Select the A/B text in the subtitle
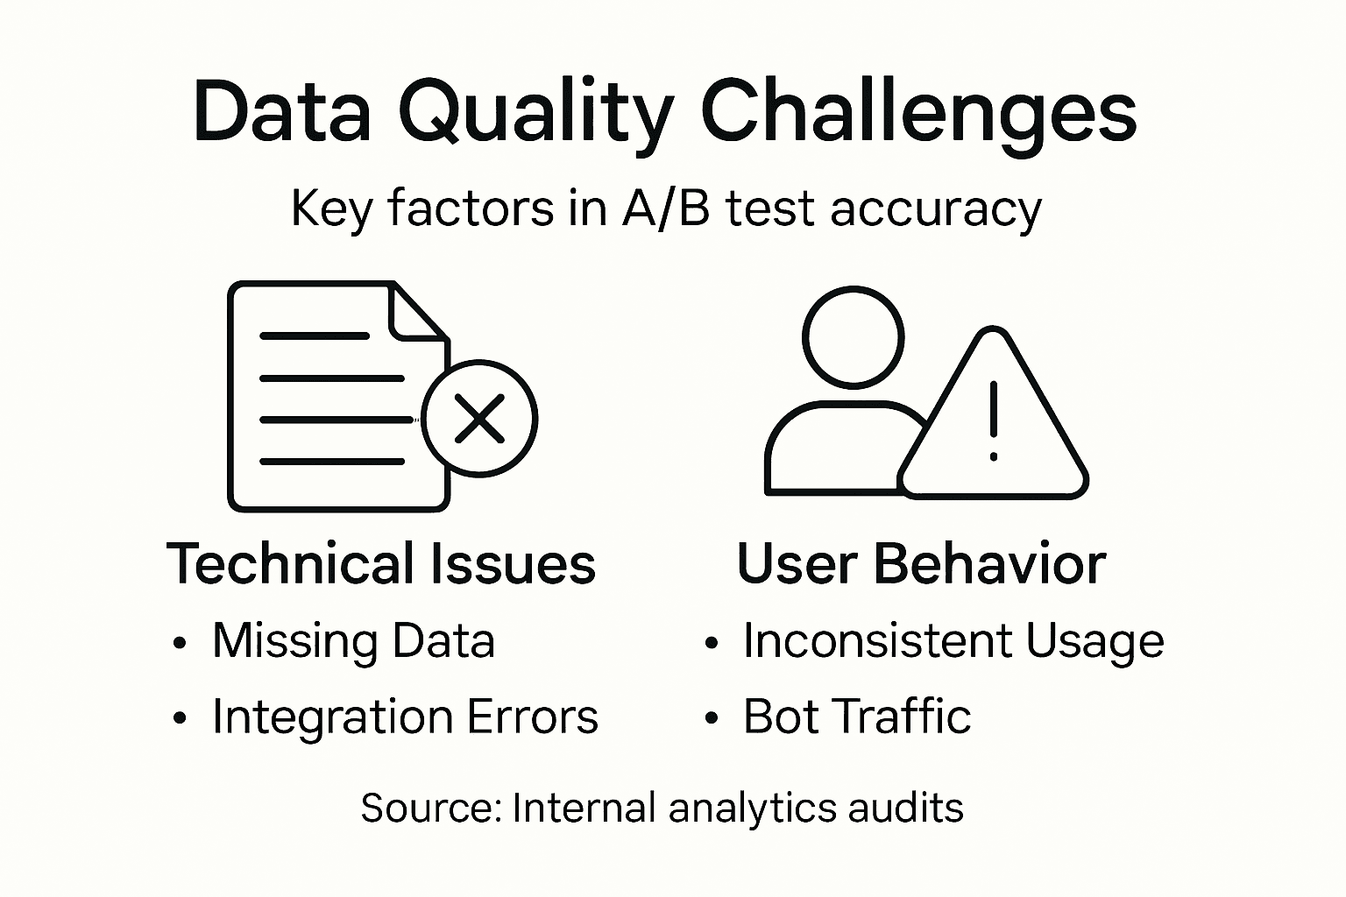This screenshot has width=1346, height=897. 665,209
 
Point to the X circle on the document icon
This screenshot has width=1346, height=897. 479,418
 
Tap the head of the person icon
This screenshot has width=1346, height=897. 853,336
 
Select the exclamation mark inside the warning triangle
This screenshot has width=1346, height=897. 993,420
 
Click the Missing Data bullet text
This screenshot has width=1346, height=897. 353,640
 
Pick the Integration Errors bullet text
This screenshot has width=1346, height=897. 405,717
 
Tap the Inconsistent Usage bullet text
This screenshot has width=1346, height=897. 953,640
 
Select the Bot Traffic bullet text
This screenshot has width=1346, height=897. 857,717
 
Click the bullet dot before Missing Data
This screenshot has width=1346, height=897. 181,643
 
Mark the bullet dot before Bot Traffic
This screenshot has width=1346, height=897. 712,719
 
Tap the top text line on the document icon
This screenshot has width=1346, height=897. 315,335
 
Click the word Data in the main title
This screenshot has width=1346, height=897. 281,114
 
